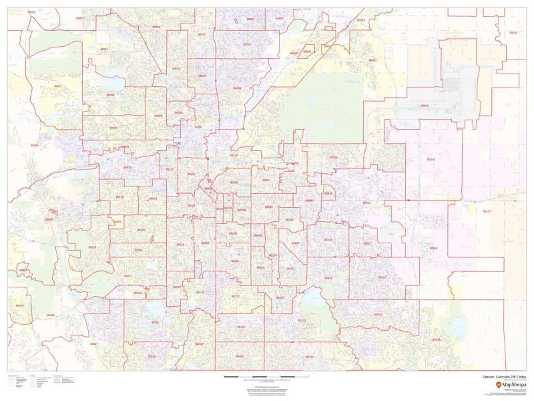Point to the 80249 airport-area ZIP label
coord(425,106)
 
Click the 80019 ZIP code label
coord(430,160)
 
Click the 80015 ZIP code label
coord(378,314)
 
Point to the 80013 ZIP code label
coord(382,277)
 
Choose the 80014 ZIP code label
coord(328,277)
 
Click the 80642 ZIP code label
coord(513,32)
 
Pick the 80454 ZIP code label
coord(20,305)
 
